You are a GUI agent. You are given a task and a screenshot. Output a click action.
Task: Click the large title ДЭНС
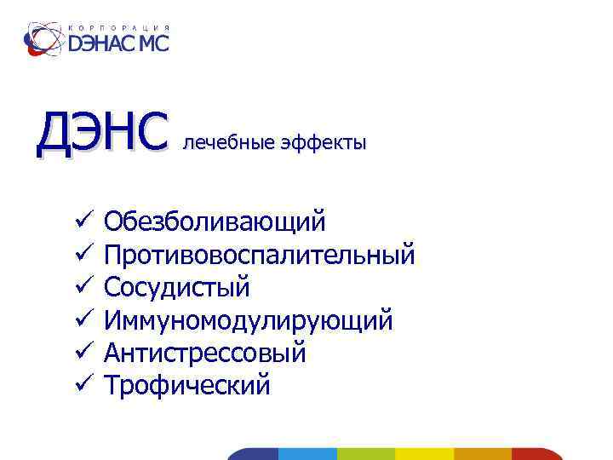[98, 135]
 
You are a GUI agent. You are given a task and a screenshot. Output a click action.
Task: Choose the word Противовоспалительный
[259, 255]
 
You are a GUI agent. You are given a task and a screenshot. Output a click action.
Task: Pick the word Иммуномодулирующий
[248, 320]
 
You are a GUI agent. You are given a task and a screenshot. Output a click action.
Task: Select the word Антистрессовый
[204, 353]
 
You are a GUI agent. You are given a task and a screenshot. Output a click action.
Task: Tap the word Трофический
[186, 385]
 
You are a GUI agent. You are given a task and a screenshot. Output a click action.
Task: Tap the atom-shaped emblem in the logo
[42, 38]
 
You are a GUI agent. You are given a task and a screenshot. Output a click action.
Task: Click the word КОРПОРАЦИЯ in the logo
[118, 26]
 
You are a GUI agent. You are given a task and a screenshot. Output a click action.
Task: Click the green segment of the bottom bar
[366, 454]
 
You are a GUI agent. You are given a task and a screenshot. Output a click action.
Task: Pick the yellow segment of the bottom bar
[425, 454]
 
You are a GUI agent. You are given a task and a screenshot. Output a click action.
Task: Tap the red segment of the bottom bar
[536, 454]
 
